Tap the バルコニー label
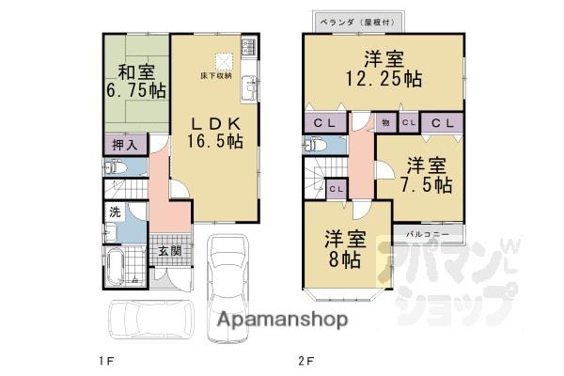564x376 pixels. click(427, 231)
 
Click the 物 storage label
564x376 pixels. click(386, 121)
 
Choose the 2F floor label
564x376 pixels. click(305, 360)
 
